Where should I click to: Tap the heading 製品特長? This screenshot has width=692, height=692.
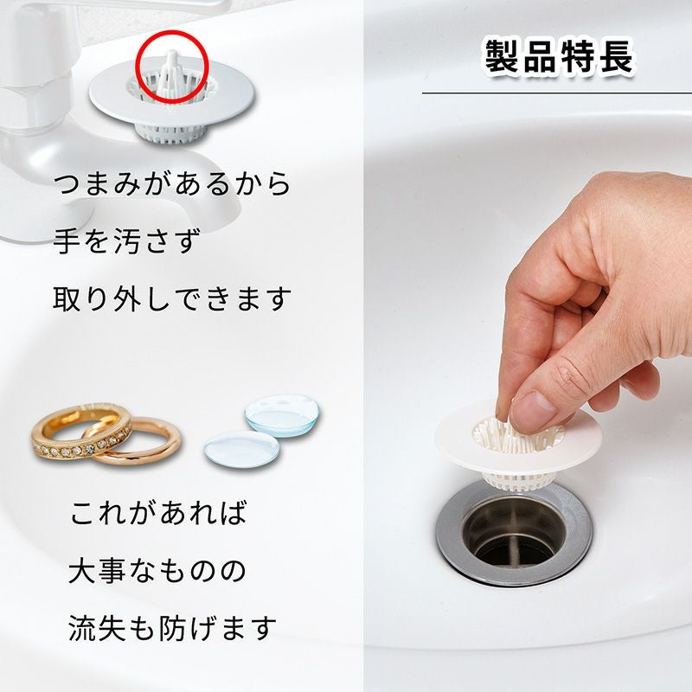pos(557,58)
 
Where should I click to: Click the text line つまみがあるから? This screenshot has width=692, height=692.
pos(172,184)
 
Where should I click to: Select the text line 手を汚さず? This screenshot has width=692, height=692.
pos(126,241)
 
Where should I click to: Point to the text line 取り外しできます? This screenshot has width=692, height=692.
pos(172,299)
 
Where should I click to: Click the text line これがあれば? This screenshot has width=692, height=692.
pos(158,513)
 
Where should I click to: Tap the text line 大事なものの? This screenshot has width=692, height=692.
pos(157,571)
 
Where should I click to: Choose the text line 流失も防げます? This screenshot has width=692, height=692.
pos(172,628)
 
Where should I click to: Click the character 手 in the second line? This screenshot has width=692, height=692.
pos(68,241)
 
